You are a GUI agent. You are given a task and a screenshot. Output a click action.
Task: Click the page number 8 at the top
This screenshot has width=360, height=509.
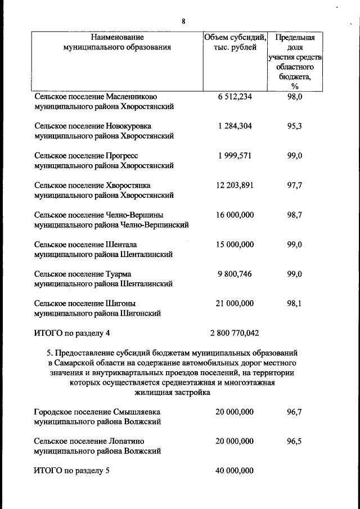pyautogui.click(x=183, y=21)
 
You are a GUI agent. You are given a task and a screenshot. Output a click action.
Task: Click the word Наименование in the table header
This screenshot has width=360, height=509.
pyautogui.click(x=117, y=37)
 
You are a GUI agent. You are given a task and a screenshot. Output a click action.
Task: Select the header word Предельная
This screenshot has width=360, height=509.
pyautogui.click(x=295, y=38)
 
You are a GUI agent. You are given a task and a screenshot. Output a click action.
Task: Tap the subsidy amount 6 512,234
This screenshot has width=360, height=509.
pyautogui.click(x=235, y=97)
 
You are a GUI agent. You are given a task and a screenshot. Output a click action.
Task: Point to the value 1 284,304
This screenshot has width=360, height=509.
pyautogui.click(x=235, y=126)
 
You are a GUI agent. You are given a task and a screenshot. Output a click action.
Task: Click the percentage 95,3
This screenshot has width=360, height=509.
pyautogui.click(x=295, y=126)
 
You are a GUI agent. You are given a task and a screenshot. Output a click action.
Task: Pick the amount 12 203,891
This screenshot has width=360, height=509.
pyautogui.click(x=235, y=185)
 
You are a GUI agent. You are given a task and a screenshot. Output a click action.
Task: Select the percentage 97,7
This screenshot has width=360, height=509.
pyautogui.click(x=295, y=185)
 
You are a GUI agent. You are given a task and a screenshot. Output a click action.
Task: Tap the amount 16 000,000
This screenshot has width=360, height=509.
pyautogui.click(x=235, y=215)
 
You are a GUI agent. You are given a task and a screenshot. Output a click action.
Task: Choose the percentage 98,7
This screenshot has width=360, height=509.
pyautogui.click(x=295, y=215)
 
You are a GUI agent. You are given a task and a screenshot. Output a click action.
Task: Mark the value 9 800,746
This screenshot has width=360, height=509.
pyautogui.click(x=235, y=274)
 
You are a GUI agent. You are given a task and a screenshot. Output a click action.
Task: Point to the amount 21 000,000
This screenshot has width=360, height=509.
pyautogui.click(x=235, y=303)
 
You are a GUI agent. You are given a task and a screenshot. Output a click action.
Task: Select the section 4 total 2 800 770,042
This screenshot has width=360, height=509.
pyautogui.click(x=235, y=333)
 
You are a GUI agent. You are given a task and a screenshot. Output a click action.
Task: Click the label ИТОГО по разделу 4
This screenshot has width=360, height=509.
pyautogui.click(x=72, y=333)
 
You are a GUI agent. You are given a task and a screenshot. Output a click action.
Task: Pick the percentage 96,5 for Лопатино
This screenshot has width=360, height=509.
pyautogui.click(x=295, y=441)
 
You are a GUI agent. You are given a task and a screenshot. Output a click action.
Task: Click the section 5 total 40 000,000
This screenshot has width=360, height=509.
pyautogui.click(x=235, y=471)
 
